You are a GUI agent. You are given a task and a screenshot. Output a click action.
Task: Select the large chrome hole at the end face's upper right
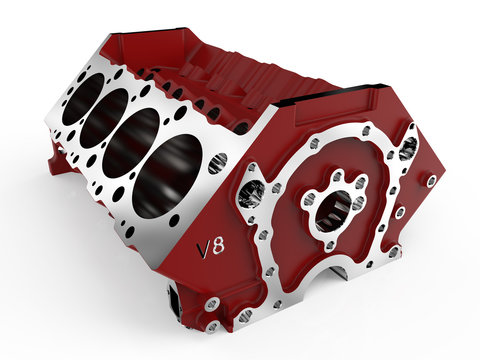click(408, 148)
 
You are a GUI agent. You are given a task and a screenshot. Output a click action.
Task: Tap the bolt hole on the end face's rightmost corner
click(430, 183)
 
